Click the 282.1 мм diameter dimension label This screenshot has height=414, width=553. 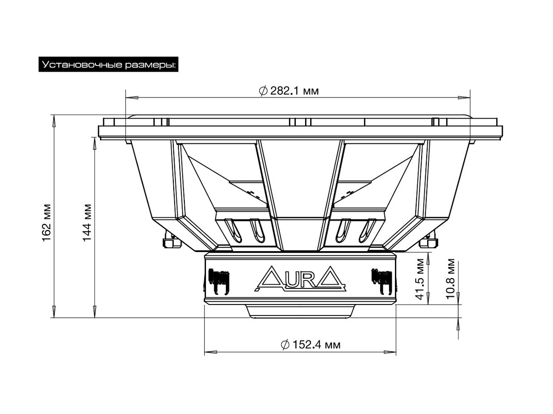coord(289,91)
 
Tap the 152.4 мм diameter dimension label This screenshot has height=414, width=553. coord(311,345)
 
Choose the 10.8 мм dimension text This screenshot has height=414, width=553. coord(451,279)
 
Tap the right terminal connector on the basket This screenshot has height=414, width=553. coord(429,241)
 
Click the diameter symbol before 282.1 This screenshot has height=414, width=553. coord(263,91)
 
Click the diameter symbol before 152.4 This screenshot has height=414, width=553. coord(285,345)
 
